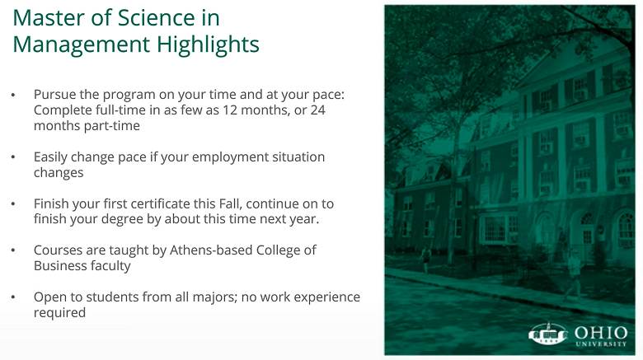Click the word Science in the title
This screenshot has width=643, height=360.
click(156, 18)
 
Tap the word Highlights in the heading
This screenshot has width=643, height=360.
click(208, 45)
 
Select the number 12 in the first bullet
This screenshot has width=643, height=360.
click(230, 110)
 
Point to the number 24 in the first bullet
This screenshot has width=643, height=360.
click(318, 110)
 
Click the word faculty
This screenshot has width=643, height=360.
click(110, 266)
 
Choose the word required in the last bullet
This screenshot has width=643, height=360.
click(60, 313)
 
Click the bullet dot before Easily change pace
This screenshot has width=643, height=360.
click(13, 157)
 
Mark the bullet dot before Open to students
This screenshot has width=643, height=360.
click(13, 297)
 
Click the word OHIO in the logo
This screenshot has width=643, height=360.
click(601, 333)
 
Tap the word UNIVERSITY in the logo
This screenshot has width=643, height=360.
click(601, 344)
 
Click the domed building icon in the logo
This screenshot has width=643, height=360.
click(548, 334)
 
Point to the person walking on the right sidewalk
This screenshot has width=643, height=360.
click(574, 274)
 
